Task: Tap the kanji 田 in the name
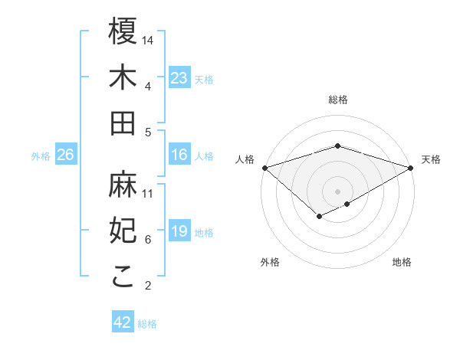[123, 123]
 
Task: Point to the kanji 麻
[123, 184]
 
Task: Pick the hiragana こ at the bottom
[123, 277]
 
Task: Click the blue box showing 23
[179, 78]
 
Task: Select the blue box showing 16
[179, 155]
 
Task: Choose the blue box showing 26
[66, 155]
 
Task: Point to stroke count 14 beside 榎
[149, 40]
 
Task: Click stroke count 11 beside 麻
[148, 193]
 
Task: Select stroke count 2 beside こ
[148, 286]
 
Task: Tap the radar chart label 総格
[338, 100]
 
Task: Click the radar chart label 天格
[432, 159]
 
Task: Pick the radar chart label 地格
[402, 262]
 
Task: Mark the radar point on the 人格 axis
[264, 167]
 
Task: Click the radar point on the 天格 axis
[411, 167]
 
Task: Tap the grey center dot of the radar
[338, 191]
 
